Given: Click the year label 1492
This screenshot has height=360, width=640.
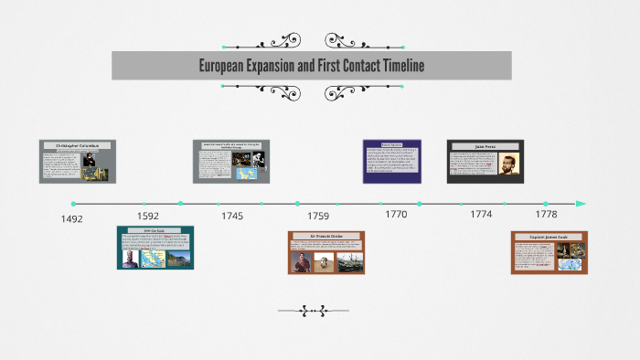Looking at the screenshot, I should click(71, 219).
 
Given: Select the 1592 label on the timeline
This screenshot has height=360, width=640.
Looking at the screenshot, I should click(147, 217).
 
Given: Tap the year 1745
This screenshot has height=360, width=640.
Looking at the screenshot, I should click(232, 217).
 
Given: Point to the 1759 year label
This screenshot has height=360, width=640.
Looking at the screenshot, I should click(318, 217).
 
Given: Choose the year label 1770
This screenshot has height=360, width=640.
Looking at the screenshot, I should click(396, 214).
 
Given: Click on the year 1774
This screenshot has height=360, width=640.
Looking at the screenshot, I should click(481, 214).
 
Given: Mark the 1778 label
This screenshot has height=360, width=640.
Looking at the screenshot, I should click(546, 214).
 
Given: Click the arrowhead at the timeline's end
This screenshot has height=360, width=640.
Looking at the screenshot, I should click(581, 203).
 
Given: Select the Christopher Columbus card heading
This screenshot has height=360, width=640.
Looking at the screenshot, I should click(77, 145).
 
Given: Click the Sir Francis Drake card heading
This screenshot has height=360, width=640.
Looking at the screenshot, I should click(326, 236).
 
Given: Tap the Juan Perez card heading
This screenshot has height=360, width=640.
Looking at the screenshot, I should click(485, 145).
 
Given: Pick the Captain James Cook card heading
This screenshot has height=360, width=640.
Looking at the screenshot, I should click(549, 237).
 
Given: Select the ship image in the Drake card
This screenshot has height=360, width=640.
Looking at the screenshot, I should click(347, 261).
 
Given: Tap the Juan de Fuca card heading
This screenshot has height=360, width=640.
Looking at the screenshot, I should click(155, 230).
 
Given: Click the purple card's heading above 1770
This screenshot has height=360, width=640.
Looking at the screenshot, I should click(392, 144).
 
